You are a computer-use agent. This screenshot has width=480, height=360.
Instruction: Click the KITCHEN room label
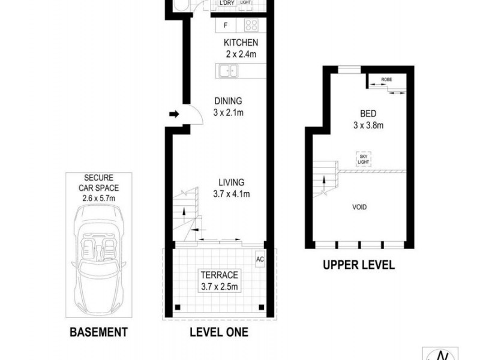click(241, 43)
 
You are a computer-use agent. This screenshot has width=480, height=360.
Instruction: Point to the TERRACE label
click(219, 275)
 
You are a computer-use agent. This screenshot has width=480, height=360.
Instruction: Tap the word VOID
click(359, 207)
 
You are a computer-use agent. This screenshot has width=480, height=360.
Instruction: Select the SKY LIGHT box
click(364, 158)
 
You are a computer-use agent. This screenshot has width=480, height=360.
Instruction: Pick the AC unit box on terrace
click(260, 259)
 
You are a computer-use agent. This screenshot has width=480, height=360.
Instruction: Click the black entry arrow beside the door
click(174, 114)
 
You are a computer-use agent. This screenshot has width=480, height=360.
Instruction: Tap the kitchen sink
click(227, 72)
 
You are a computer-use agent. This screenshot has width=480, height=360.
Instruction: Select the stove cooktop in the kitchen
click(250, 26)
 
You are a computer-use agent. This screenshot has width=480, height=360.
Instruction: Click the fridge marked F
click(226, 26)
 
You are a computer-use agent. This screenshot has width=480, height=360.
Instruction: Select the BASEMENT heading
click(98, 331)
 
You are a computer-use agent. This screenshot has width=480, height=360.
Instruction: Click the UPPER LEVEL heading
click(359, 265)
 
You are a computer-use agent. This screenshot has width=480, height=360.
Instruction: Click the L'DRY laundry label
click(227, 3)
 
